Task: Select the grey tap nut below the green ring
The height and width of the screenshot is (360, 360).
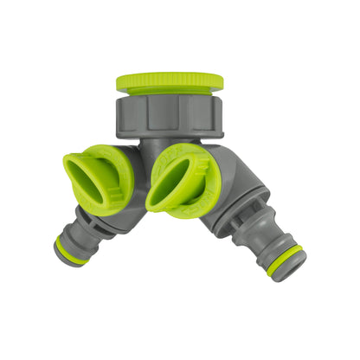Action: tap(169, 112)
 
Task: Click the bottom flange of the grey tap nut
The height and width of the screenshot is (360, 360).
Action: tap(169, 129)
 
